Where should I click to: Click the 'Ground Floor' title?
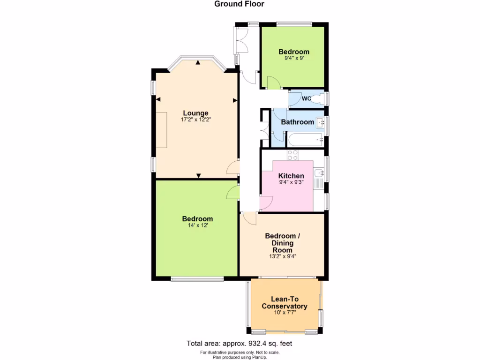[239, 4]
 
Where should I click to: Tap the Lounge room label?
[195, 113]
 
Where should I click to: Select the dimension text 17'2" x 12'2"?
[195, 120]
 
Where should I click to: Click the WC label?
[306, 98]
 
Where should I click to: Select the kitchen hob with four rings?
[293, 155]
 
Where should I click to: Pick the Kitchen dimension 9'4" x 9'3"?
[291, 182]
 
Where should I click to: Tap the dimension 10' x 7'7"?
[284, 314]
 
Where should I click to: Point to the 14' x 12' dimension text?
[197, 225]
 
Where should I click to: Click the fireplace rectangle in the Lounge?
[161, 130]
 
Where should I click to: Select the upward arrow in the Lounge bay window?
[198, 62]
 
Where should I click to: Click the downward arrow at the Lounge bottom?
[198, 176]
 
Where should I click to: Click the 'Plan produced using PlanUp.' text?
[240, 357]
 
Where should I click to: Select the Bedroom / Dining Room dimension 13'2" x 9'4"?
[281, 256]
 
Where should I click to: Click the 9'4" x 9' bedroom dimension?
[294, 59]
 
